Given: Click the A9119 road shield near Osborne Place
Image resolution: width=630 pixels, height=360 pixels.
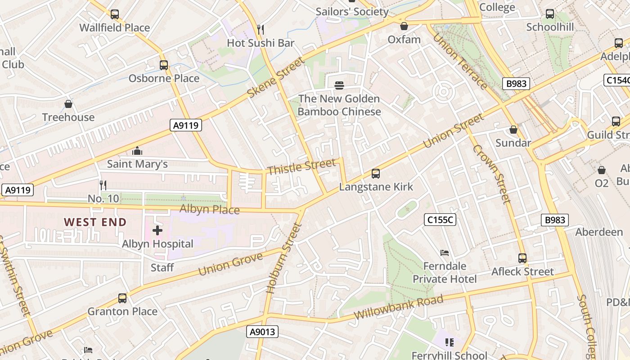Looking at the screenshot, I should (186, 126).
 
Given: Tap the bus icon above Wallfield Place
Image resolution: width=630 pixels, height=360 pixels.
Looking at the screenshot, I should (115, 14).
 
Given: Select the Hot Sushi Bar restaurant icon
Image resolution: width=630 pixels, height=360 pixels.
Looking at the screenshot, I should (261, 30).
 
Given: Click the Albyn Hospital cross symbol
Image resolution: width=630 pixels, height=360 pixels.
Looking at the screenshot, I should (157, 231).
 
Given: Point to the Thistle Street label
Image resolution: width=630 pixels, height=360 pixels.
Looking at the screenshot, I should (301, 166).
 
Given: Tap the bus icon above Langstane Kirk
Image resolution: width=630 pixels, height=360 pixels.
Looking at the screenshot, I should (376, 173).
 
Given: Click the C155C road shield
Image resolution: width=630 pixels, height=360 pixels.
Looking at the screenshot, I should (440, 220).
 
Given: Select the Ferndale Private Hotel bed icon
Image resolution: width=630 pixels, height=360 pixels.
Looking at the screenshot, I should (445, 253).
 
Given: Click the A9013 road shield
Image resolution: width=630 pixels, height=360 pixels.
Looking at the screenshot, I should (263, 332).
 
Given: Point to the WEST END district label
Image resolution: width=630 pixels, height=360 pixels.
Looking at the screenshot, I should (95, 222).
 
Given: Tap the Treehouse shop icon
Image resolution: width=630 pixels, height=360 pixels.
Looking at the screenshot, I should (68, 104).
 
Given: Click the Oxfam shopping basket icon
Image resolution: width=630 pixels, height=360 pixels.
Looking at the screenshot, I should (404, 27).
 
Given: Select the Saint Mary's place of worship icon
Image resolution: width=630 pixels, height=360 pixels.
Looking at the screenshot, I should (137, 151).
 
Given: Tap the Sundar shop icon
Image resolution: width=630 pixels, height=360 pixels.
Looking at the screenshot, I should (513, 130).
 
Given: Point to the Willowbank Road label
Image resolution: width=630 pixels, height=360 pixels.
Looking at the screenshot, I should (399, 307).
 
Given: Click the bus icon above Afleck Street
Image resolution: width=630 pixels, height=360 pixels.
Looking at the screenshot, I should (522, 258).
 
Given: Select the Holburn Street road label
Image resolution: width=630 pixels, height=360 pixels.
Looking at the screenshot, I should (283, 259).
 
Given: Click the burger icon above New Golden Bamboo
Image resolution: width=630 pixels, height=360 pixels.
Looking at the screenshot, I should (339, 85).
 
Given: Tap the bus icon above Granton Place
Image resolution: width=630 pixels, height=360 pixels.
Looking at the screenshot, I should (122, 298).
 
